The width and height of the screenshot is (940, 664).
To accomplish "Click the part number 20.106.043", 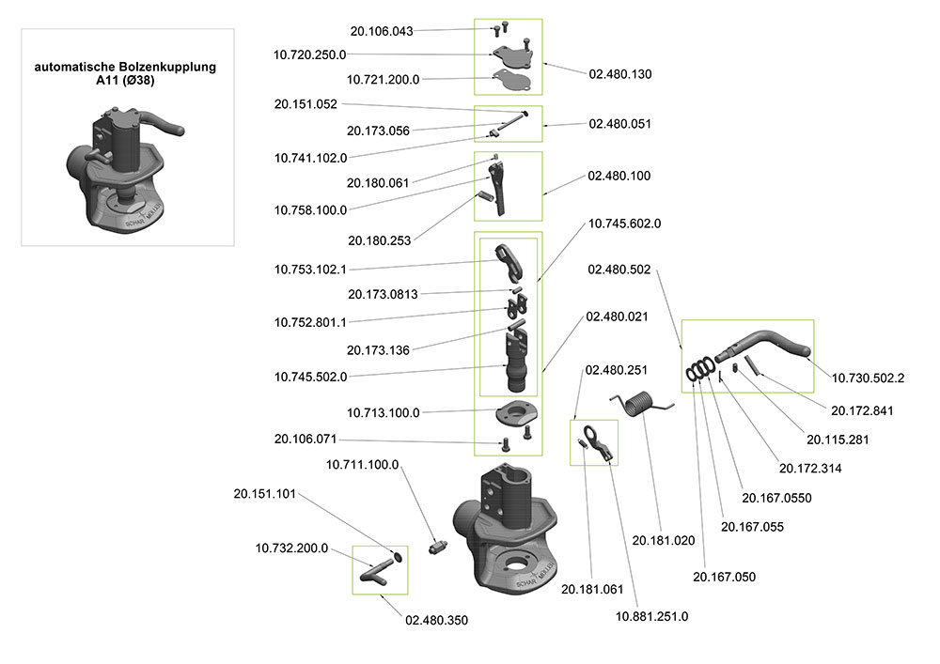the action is [382, 31].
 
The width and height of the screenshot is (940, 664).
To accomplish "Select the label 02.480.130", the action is [619, 74].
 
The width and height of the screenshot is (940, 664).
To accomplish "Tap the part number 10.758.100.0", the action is [310, 210].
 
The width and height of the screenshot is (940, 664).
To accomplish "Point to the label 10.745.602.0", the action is [624, 224].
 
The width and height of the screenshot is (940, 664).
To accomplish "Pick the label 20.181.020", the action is [663, 541].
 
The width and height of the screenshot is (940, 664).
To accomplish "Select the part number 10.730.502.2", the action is [868, 378].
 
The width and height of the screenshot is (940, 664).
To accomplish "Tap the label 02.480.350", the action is [436, 620].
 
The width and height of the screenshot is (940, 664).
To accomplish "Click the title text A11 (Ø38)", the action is [125, 80].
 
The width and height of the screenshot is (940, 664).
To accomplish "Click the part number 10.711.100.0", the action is [362, 465].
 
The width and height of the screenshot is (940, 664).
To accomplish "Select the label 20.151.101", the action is [264, 494].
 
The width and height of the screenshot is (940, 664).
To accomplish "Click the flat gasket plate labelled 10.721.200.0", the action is [511, 80].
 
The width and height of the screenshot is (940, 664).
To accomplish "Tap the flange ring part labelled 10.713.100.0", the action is [516, 413].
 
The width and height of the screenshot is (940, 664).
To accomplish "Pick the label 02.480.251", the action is [617, 370].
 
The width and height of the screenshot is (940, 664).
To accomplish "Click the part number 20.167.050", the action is [724, 578].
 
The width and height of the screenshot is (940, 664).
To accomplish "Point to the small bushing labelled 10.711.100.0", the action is [439, 547].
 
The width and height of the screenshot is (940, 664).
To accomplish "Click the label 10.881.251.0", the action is [651, 617].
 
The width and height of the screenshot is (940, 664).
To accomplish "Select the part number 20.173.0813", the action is [383, 294].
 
